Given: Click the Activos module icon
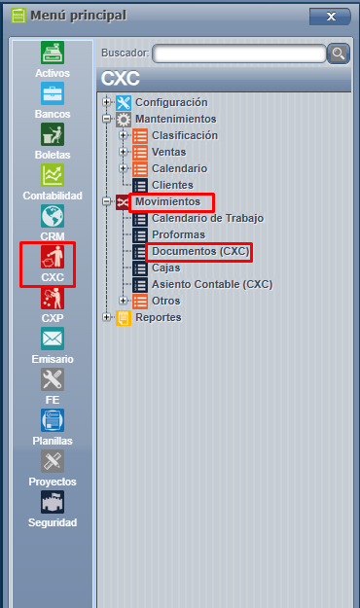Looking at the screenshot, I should click(x=53, y=54).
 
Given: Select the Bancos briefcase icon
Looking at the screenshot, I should click(x=53, y=94).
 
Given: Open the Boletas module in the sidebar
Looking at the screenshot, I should click(x=53, y=135).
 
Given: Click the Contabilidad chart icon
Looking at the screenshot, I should click(x=53, y=176).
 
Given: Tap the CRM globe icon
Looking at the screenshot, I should click(x=53, y=217).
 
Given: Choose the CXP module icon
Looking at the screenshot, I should click(x=53, y=299).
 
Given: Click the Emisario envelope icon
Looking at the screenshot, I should click(x=53, y=340).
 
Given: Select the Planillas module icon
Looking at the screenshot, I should click(x=53, y=421).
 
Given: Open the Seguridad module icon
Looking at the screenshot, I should click(x=53, y=503).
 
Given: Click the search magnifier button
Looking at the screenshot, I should click(x=338, y=54).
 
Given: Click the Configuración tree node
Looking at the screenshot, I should click(x=171, y=102).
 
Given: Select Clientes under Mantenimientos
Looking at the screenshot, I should click(x=172, y=185).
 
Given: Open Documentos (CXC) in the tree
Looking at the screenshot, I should click(x=200, y=252).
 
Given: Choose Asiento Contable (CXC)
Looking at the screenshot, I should click(x=212, y=285).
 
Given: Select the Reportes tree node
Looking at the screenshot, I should click(x=158, y=318).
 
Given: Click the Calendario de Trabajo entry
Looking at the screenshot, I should click(x=207, y=219).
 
